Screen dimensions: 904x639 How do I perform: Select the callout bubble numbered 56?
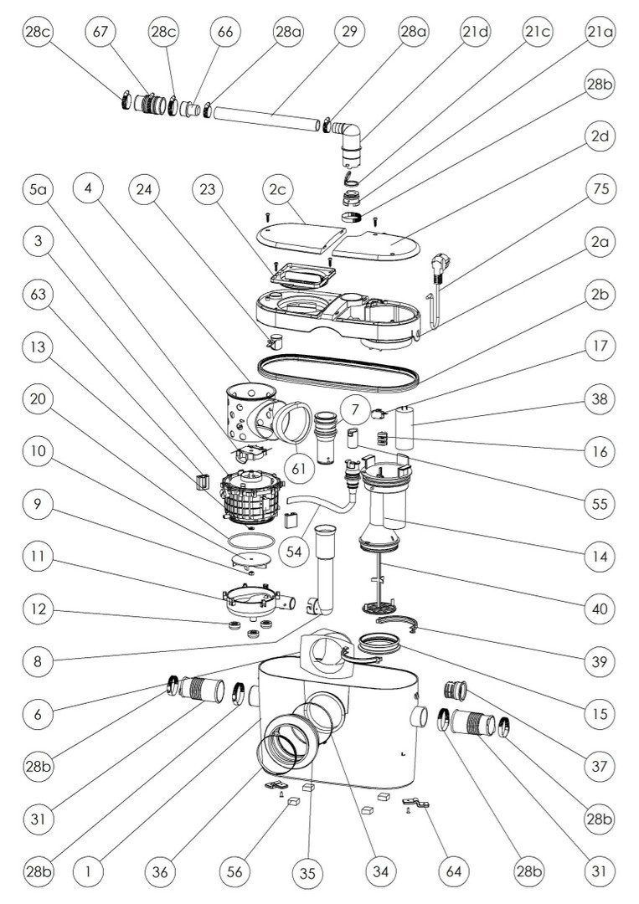coord(235,871)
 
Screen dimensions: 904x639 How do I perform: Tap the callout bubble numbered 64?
coord(453,871)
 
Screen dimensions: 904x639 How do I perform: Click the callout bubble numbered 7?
coord(355,410)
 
